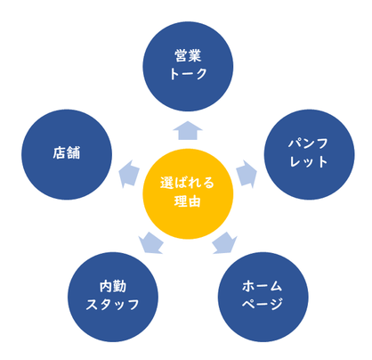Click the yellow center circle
(188, 193)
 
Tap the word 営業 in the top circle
(188, 56)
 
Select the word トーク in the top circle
(188, 73)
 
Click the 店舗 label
(67, 153)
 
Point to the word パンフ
(309, 143)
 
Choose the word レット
(309, 161)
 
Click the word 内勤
(113, 286)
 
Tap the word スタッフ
(113, 304)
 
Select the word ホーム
(263, 286)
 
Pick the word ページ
(263, 304)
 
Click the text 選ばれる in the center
(187, 183)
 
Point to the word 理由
(187, 201)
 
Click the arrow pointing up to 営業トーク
(188, 130)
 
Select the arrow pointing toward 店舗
(129, 174)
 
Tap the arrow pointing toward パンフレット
(247, 174)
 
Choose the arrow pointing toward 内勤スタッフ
(150, 243)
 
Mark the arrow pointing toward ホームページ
(225, 243)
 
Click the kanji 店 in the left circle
(60, 153)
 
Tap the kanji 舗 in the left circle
(74, 153)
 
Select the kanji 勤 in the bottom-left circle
(120, 286)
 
